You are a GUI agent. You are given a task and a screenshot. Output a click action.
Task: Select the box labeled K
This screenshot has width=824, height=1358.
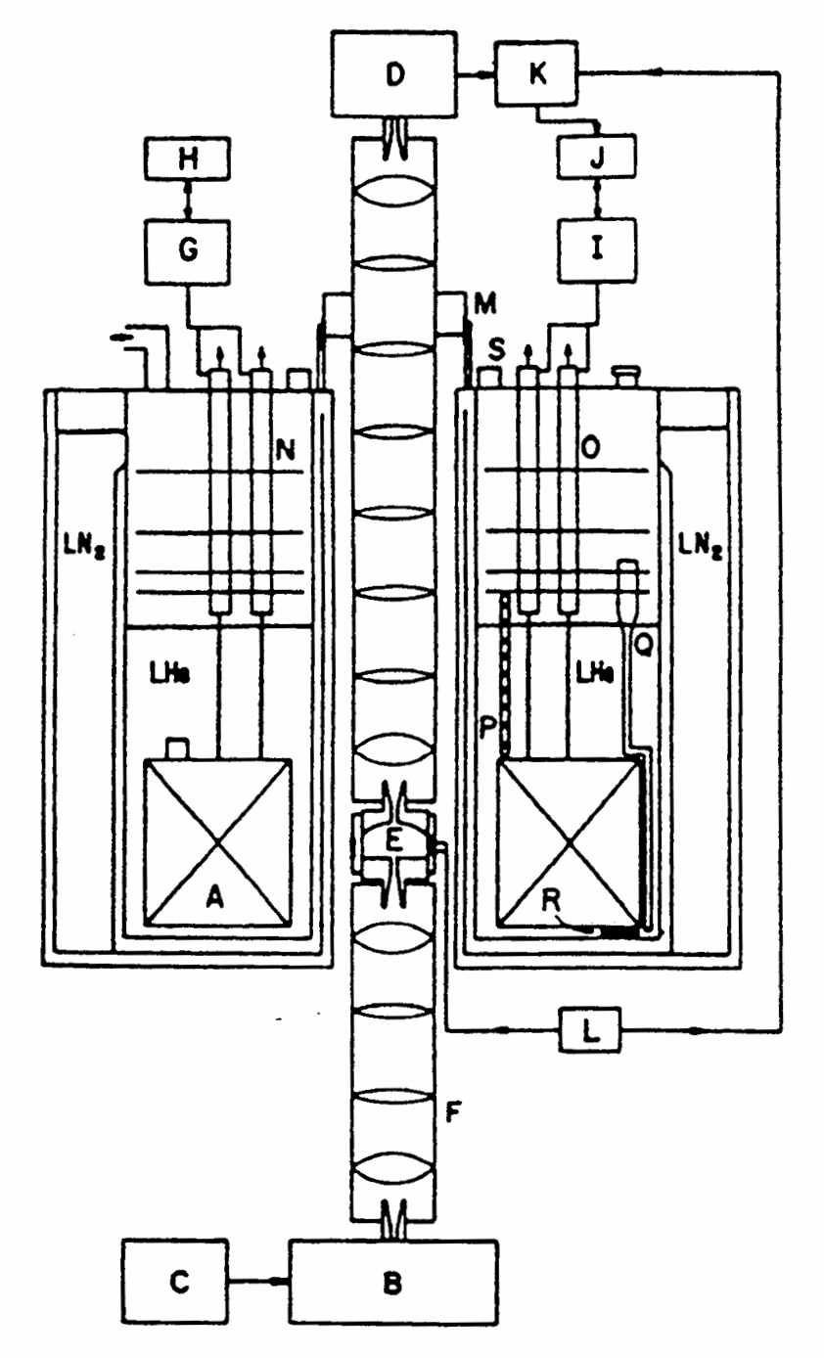536,76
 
